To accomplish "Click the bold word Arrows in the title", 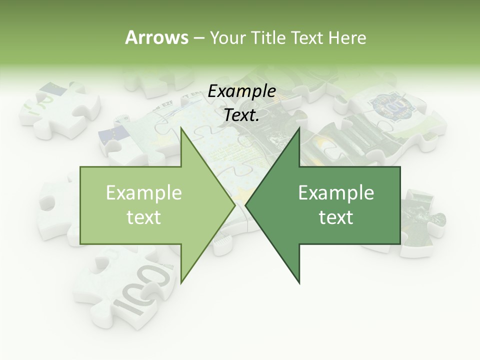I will [156, 37].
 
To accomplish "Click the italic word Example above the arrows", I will [242, 91].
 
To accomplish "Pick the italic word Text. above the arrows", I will [242, 115].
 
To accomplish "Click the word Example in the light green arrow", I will [144, 193].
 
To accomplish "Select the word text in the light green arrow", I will [144, 217].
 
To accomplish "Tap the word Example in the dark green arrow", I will [336, 193].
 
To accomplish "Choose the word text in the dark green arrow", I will [336, 217].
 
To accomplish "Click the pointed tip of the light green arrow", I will [234, 205].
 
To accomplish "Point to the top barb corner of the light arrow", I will [181, 128].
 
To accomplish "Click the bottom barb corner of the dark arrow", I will [299, 282].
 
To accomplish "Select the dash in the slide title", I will [198, 38].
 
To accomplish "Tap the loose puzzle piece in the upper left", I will [60, 107].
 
